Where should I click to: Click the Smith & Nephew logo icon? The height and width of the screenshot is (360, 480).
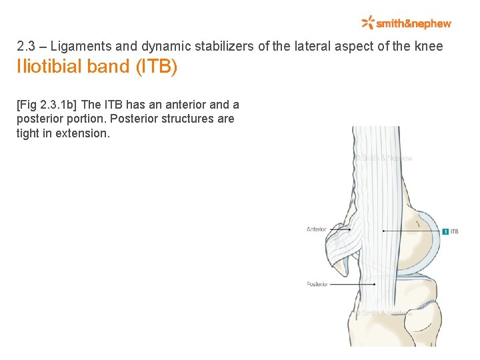[367, 23]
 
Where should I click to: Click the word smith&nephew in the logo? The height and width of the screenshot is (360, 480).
[413, 23]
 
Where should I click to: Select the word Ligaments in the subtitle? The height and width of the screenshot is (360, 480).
[74, 47]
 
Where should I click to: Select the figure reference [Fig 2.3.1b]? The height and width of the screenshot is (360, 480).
[47, 105]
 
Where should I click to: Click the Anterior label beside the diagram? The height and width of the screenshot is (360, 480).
[316, 229]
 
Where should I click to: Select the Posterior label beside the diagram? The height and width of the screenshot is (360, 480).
[317, 284]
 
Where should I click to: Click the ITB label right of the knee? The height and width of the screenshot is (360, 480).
[454, 231]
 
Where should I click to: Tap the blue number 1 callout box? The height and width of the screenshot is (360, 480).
[445, 231]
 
